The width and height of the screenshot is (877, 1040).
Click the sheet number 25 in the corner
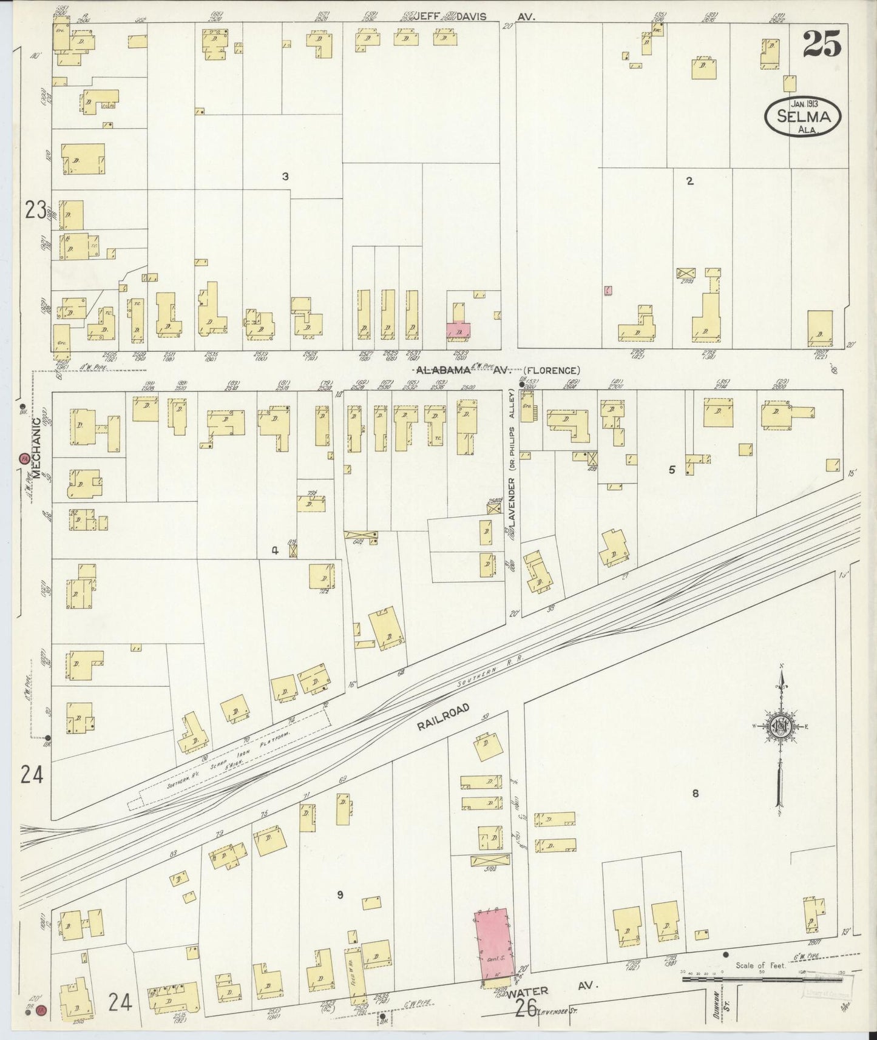(822, 44)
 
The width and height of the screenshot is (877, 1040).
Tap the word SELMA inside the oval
(802, 117)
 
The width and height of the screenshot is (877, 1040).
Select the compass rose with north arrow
(782, 728)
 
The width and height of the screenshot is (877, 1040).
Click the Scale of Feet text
(760, 965)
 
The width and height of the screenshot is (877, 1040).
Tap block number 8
(696, 793)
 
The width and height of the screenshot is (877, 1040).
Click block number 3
(285, 177)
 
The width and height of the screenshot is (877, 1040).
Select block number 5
(671, 470)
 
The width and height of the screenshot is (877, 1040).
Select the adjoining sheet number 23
(36, 210)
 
